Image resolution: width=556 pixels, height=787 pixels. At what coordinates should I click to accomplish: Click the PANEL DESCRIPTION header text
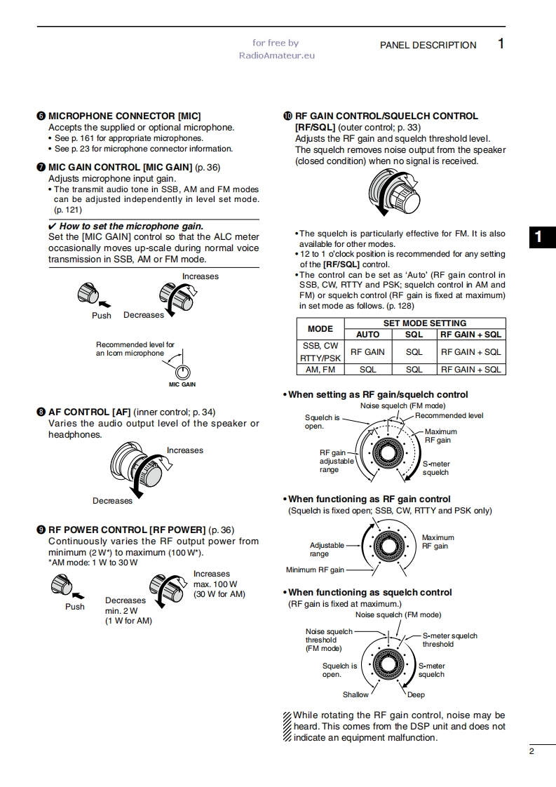pos(428,45)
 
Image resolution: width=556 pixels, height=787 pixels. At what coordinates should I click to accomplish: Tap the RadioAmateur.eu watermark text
pos(276,55)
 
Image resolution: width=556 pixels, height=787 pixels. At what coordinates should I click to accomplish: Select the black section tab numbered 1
pos(538,237)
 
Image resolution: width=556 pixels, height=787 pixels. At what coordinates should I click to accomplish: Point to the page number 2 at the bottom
pos(531,751)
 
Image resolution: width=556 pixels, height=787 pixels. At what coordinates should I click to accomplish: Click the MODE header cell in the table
pos(320,328)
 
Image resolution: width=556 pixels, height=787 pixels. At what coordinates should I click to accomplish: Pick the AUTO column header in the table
pos(367,335)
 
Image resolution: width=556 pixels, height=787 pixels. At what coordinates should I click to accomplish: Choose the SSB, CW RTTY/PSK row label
pos(320,351)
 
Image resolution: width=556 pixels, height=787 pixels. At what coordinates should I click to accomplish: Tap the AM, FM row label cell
pos(320,369)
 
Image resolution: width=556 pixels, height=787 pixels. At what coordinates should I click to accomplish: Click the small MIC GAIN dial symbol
pos(183,372)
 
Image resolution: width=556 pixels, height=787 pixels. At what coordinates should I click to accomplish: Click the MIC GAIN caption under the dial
pos(182,385)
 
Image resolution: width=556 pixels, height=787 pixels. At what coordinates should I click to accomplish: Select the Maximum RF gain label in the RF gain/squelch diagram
pos(440,436)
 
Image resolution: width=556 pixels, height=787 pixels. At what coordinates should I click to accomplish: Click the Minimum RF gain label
pos(315,570)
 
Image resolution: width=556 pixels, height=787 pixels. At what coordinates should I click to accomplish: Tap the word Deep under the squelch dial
pos(416,694)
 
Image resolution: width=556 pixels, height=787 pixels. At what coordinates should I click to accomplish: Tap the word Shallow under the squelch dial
pos(355,694)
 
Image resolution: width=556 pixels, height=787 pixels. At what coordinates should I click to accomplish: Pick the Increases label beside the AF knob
pos(185,450)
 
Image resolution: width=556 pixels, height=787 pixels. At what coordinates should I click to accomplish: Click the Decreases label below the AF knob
pos(112,501)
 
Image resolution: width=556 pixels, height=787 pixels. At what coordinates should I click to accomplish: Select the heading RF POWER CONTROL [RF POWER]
pos(126,530)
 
